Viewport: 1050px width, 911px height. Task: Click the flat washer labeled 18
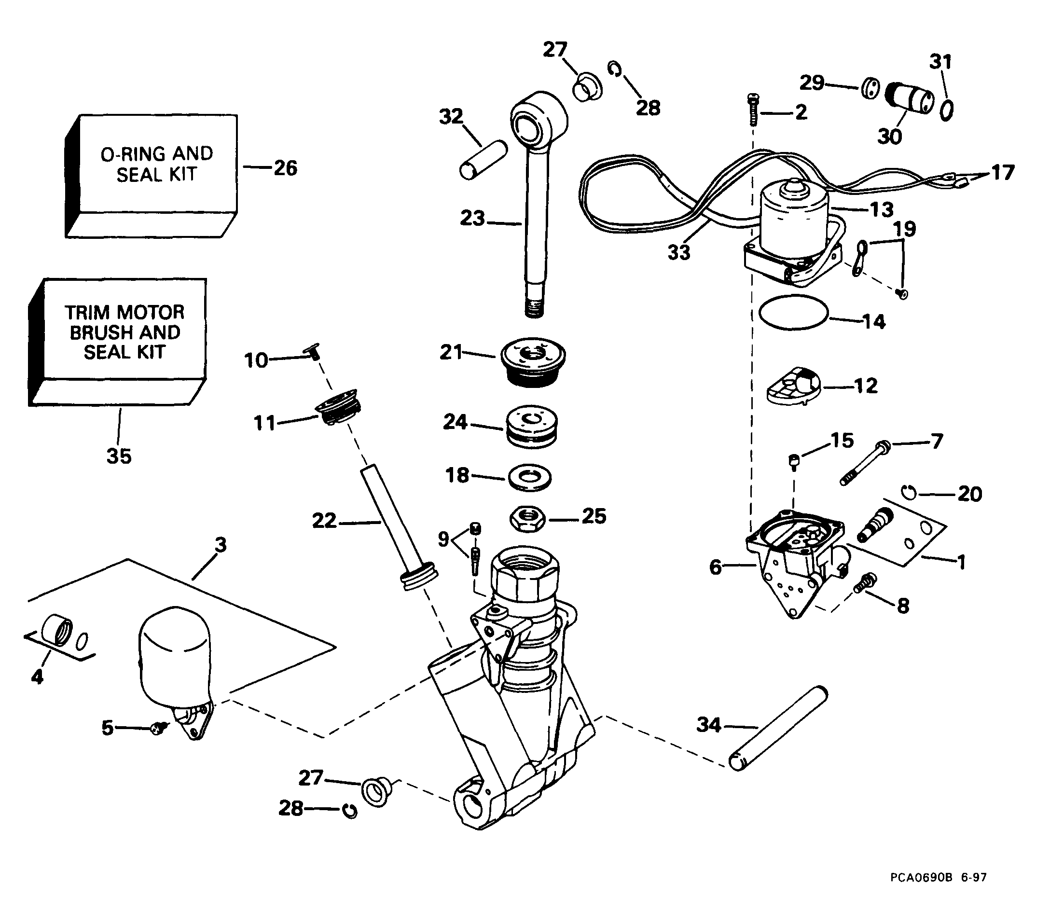(x=530, y=478)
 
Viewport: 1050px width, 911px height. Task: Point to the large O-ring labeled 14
(x=793, y=313)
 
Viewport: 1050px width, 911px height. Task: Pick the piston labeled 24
(x=531, y=427)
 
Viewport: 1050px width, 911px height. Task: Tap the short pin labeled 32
(x=483, y=159)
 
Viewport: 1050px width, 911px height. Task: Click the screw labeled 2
(x=753, y=110)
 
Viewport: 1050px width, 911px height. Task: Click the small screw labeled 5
(x=160, y=729)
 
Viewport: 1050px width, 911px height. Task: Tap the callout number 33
(x=679, y=252)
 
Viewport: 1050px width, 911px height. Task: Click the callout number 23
(x=472, y=219)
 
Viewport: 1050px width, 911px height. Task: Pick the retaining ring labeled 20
(x=911, y=493)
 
